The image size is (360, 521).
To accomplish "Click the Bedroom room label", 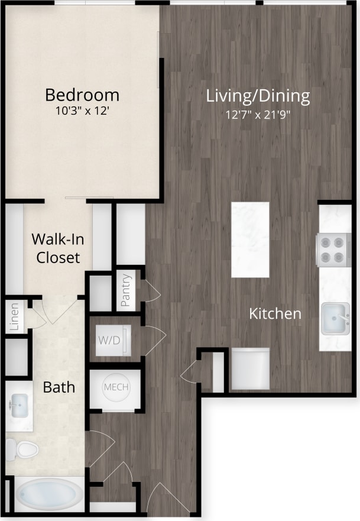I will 82,95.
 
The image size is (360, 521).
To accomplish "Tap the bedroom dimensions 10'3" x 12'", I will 82,110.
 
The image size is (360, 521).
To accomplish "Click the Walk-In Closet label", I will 56,248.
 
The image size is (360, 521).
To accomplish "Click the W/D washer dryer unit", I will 110,341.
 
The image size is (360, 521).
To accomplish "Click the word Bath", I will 59,387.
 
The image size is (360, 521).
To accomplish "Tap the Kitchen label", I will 275,313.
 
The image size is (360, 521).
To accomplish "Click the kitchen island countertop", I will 250,240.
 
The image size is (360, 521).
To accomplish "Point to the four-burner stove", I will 334,250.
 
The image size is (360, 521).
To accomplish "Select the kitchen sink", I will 335,318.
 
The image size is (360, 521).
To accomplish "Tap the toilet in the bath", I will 24,449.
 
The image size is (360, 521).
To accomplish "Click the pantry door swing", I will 151,291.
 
